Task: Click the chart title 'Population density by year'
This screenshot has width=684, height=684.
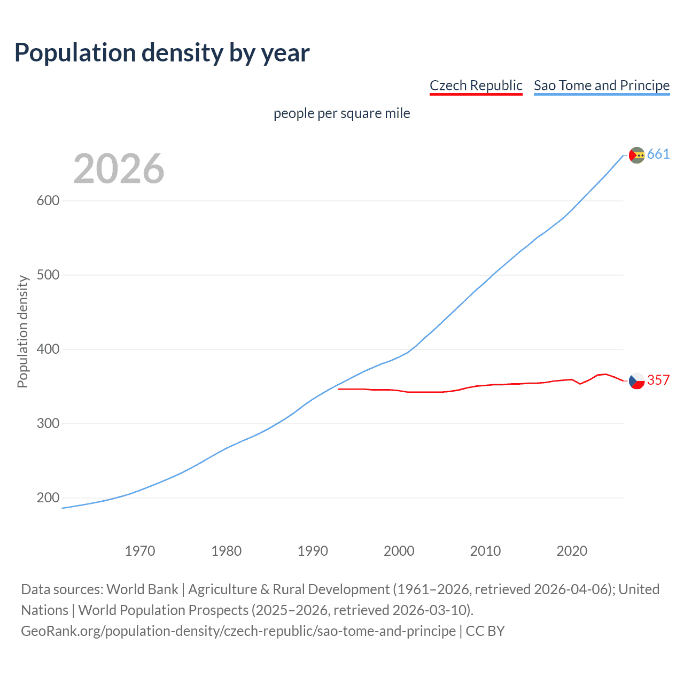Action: [162, 53]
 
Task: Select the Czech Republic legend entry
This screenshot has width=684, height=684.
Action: [476, 85]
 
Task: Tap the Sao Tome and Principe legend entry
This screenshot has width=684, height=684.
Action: [602, 85]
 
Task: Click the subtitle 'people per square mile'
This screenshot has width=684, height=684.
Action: [342, 114]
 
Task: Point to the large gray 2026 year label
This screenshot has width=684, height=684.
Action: [119, 169]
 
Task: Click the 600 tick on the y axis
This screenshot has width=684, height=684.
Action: [48, 201]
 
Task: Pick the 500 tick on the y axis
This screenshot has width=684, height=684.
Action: [48, 275]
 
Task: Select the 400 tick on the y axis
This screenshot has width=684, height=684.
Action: [48, 349]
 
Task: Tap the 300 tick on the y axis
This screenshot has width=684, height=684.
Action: [48, 424]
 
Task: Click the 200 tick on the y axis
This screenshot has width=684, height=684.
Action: [48, 498]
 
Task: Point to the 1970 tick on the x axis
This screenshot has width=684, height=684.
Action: [140, 551]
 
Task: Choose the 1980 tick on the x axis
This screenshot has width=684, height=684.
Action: [227, 551]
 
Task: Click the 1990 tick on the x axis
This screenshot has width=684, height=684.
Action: [313, 551]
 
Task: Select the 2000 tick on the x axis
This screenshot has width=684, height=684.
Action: [399, 551]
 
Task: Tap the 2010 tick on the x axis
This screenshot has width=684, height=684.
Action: [485, 551]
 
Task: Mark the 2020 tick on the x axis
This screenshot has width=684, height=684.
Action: [572, 551]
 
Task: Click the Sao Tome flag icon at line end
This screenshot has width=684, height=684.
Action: [636, 155]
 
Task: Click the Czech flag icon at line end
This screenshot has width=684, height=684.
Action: [636, 380]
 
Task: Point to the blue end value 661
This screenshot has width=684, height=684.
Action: [658, 154]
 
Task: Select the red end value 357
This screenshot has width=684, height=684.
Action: [658, 380]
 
